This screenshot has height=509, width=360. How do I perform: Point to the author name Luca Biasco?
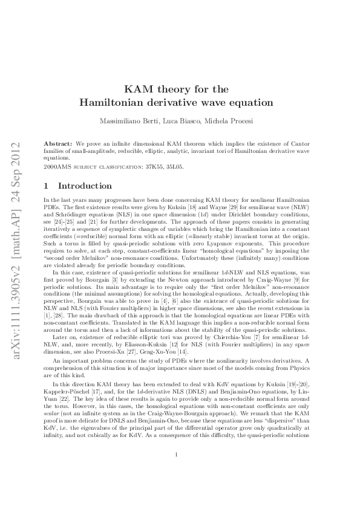pyautogui.click(x=179, y=122)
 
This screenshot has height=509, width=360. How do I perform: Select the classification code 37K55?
pyautogui.click(x=149, y=165)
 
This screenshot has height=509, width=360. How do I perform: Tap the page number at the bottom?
pyautogui.click(x=176, y=472)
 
